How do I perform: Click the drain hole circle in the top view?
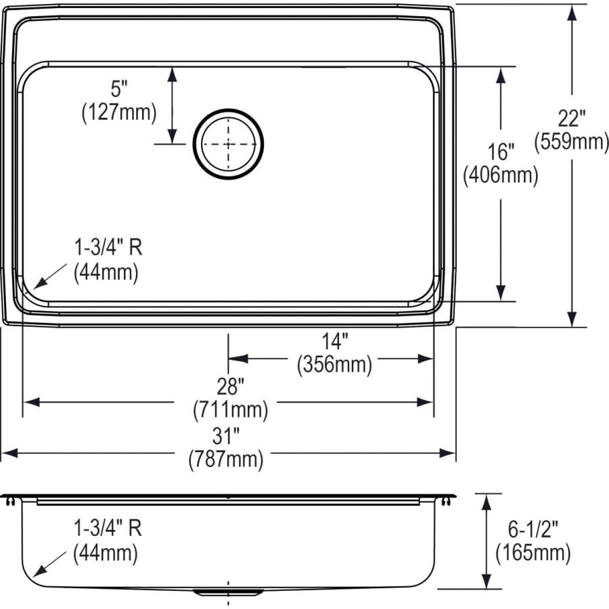click(x=228, y=144)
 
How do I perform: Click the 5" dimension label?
click(x=119, y=89)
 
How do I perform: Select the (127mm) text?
click(x=119, y=112)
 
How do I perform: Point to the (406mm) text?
click(x=501, y=175)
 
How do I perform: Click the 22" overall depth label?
click(x=572, y=118)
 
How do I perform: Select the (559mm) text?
click(x=572, y=141)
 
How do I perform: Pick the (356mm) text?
click(x=334, y=365)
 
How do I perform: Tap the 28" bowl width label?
click(x=229, y=386)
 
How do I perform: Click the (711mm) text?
click(x=229, y=409)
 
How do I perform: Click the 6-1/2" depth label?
click(x=532, y=530)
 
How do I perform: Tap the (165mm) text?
click(x=532, y=553)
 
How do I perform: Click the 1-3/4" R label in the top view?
click(x=108, y=248)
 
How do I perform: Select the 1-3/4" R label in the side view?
click(x=108, y=530)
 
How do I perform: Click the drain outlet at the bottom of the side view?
click(x=228, y=592)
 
